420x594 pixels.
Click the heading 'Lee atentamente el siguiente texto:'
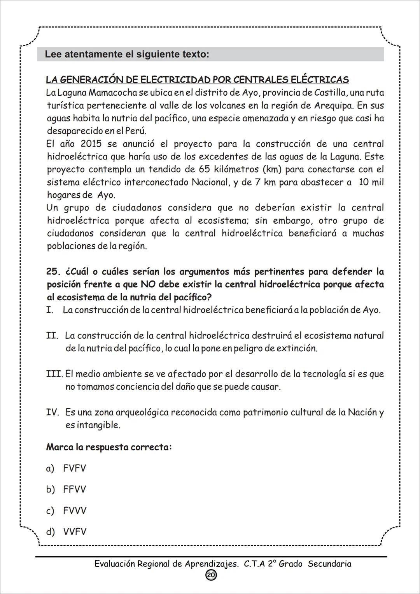(x=127, y=54)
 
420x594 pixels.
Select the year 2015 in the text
(x=91, y=144)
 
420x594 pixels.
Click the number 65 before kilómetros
(x=205, y=170)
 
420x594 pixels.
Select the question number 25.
(x=54, y=272)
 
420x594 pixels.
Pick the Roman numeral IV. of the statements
(x=52, y=412)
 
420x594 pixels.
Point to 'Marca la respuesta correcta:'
(x=109, y=447)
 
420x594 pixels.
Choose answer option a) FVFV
(x=66, y=468)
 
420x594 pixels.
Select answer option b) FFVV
(x=66, y=489)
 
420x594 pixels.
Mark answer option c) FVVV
(x=66, y=510)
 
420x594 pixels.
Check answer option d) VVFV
(x=66, y=531)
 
